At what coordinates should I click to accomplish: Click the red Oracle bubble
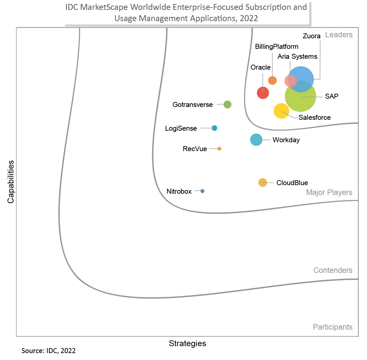coord(263,92)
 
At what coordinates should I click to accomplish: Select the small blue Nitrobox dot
coord(202,191)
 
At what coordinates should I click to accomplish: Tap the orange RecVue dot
coord(219,149)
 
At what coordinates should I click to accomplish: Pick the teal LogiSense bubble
coord(214,128)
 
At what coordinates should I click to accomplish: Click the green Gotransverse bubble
coord(227,105)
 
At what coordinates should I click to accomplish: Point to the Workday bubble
coord(256,140)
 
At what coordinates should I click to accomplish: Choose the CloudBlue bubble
coord(262,182)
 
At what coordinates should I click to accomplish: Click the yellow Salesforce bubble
coord(281,111)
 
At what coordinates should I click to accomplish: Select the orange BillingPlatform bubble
coord(272,80)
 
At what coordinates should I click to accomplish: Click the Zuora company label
coord(312,36)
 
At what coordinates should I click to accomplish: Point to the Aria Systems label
coord(297,56)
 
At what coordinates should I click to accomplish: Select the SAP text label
coord(332,96)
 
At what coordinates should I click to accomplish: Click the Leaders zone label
coord(339,35)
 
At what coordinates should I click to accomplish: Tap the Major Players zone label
coord(329,192)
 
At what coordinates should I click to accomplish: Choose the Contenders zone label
coord(333,271)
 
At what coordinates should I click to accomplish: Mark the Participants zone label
coord(332,327)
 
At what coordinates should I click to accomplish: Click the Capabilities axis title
coord(11,182)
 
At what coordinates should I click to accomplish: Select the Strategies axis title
coord(187,344)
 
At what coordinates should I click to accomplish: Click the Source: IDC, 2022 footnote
coord(48,351)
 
